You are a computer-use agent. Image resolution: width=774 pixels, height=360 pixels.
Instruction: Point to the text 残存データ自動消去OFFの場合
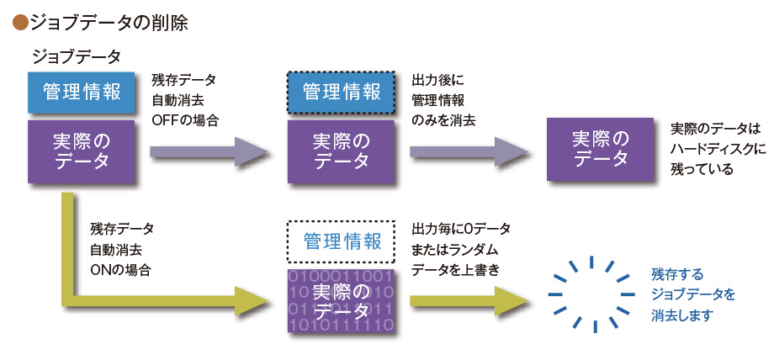point(185,100)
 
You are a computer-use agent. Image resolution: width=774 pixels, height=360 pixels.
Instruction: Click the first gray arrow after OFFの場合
point(210,151)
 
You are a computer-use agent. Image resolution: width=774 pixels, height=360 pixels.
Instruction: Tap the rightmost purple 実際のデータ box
point(600,150)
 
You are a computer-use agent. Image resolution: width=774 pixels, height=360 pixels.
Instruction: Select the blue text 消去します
point(682,315)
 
